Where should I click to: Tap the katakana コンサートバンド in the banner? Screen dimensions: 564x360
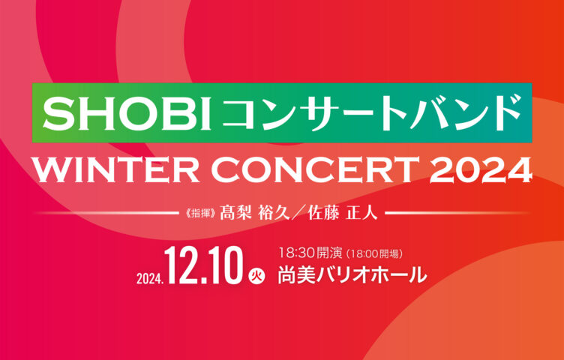click(371, 112)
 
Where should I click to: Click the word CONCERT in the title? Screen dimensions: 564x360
click(315, 169)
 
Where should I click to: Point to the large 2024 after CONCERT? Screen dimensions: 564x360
click(481, 169)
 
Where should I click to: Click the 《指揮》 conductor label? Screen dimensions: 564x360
click(199, 214)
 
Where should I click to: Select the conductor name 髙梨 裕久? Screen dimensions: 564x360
click(255, 213)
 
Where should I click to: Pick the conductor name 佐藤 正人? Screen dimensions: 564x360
click(343, 213)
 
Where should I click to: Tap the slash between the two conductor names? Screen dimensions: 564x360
click(298, 213)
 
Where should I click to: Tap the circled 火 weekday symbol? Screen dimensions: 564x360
click(256, 277)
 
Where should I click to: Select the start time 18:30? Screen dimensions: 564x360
click(297, 253)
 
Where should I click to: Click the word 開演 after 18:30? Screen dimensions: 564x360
click(329, 253)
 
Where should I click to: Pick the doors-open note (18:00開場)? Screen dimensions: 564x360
click(373, 254)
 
